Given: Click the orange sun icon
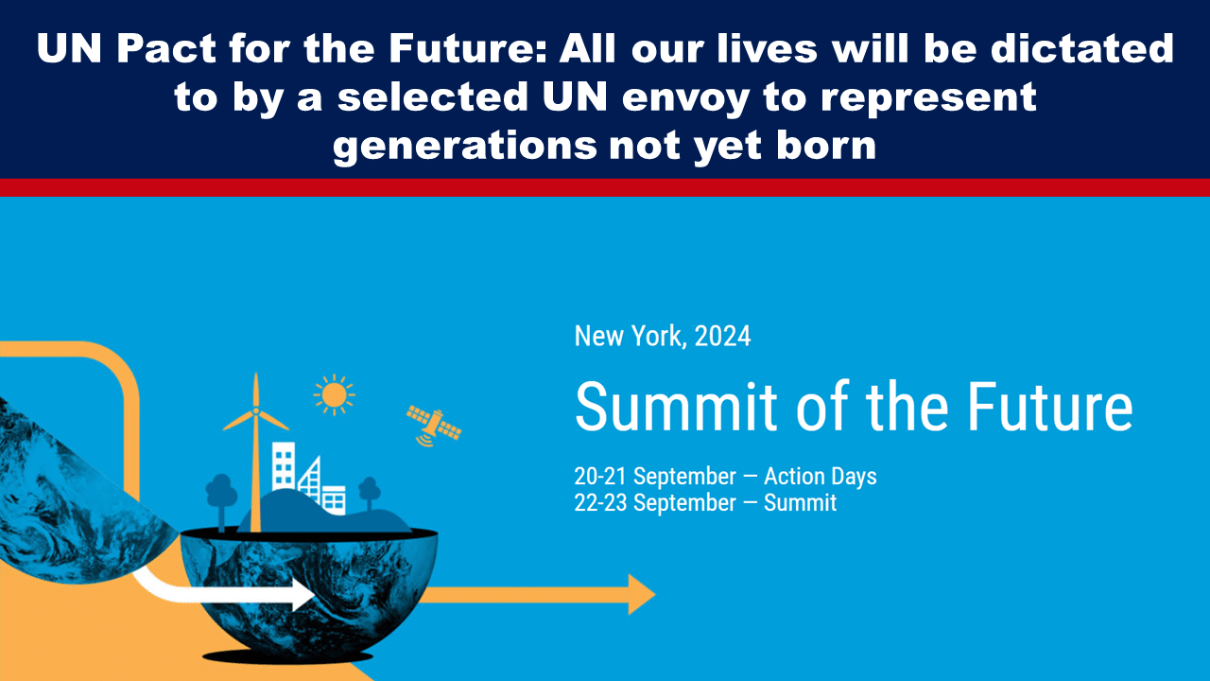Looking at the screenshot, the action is point(334,395).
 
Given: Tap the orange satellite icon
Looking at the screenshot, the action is point(434,426).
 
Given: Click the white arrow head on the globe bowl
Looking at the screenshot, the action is point(303,595).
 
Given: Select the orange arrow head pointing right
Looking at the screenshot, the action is point(642,595).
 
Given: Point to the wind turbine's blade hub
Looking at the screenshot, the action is point(256,411).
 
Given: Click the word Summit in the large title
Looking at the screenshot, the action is point(675,406).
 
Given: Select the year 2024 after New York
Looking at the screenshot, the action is point(723,336).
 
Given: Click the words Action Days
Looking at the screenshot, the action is point(820,476).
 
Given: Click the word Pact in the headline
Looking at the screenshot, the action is point(166,48).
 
